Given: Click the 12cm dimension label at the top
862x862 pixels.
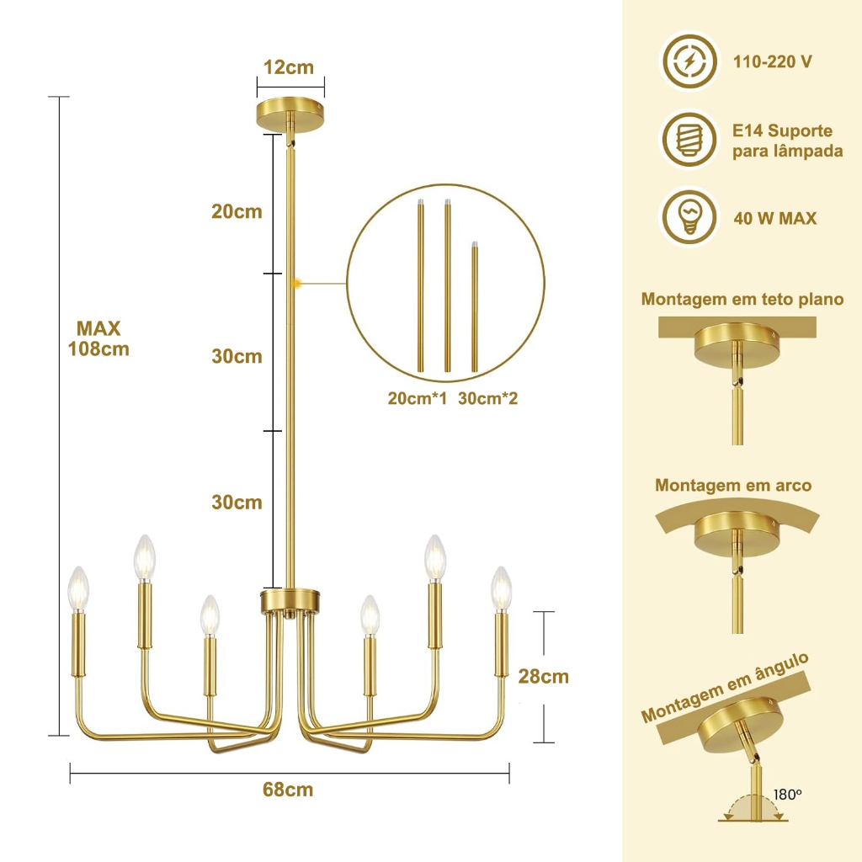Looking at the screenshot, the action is [x=289, y=67].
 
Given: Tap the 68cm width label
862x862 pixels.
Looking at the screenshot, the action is [x=288, y=790].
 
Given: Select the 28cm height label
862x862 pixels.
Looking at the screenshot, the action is [x=543, y=676].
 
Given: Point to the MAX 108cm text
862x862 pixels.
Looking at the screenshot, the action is [x=98, y=338].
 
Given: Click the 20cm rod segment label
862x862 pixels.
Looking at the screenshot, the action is [x=237, y=211].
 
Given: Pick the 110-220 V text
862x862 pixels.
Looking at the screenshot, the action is [x=773, y=61].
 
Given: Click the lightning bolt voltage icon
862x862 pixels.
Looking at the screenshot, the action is [x=689, y=61].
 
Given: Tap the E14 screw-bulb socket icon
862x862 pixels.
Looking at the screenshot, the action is [x=689, y=139].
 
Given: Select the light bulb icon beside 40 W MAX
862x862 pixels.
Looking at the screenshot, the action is [x=689, y=218].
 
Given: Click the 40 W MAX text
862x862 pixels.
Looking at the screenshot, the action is [x=775, y=218].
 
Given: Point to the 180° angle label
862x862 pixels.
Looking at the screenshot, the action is [x=788, y=795].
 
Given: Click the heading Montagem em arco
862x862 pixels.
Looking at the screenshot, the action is [x=733, y=486].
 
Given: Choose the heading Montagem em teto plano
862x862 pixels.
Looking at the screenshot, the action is [x=742, y=299].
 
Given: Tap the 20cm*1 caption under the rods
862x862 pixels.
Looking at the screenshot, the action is [x=418, y=398].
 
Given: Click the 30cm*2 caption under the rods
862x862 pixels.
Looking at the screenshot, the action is [x=487, y=398].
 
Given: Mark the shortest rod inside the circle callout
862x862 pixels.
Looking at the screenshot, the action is [x=475, y=306].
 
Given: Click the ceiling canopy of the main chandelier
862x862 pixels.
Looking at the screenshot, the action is [x=290, y=114].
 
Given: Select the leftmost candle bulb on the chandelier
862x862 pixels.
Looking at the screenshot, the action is [x=77, y=588].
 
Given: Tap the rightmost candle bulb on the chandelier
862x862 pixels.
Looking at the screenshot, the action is [x=501, y=588].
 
